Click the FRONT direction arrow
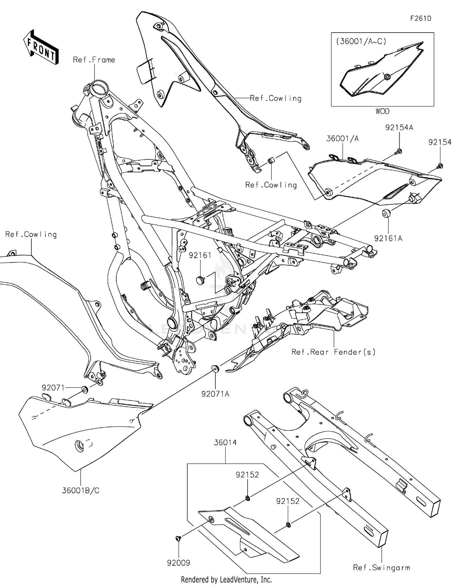coord(41,47)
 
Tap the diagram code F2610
coord(421,18)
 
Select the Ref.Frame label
coord(94,60)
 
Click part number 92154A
coord(399,127)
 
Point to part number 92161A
coord(388,238)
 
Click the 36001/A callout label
coord(342,139)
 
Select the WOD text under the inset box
coord(382,111)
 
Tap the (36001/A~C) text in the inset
coord(361,41)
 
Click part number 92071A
coord(215,394)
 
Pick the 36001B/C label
coord(81,490)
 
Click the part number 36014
coord(225,443)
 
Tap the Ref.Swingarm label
coord(382,567)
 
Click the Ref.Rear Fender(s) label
coord(333,352)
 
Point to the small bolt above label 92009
coord(178,538)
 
